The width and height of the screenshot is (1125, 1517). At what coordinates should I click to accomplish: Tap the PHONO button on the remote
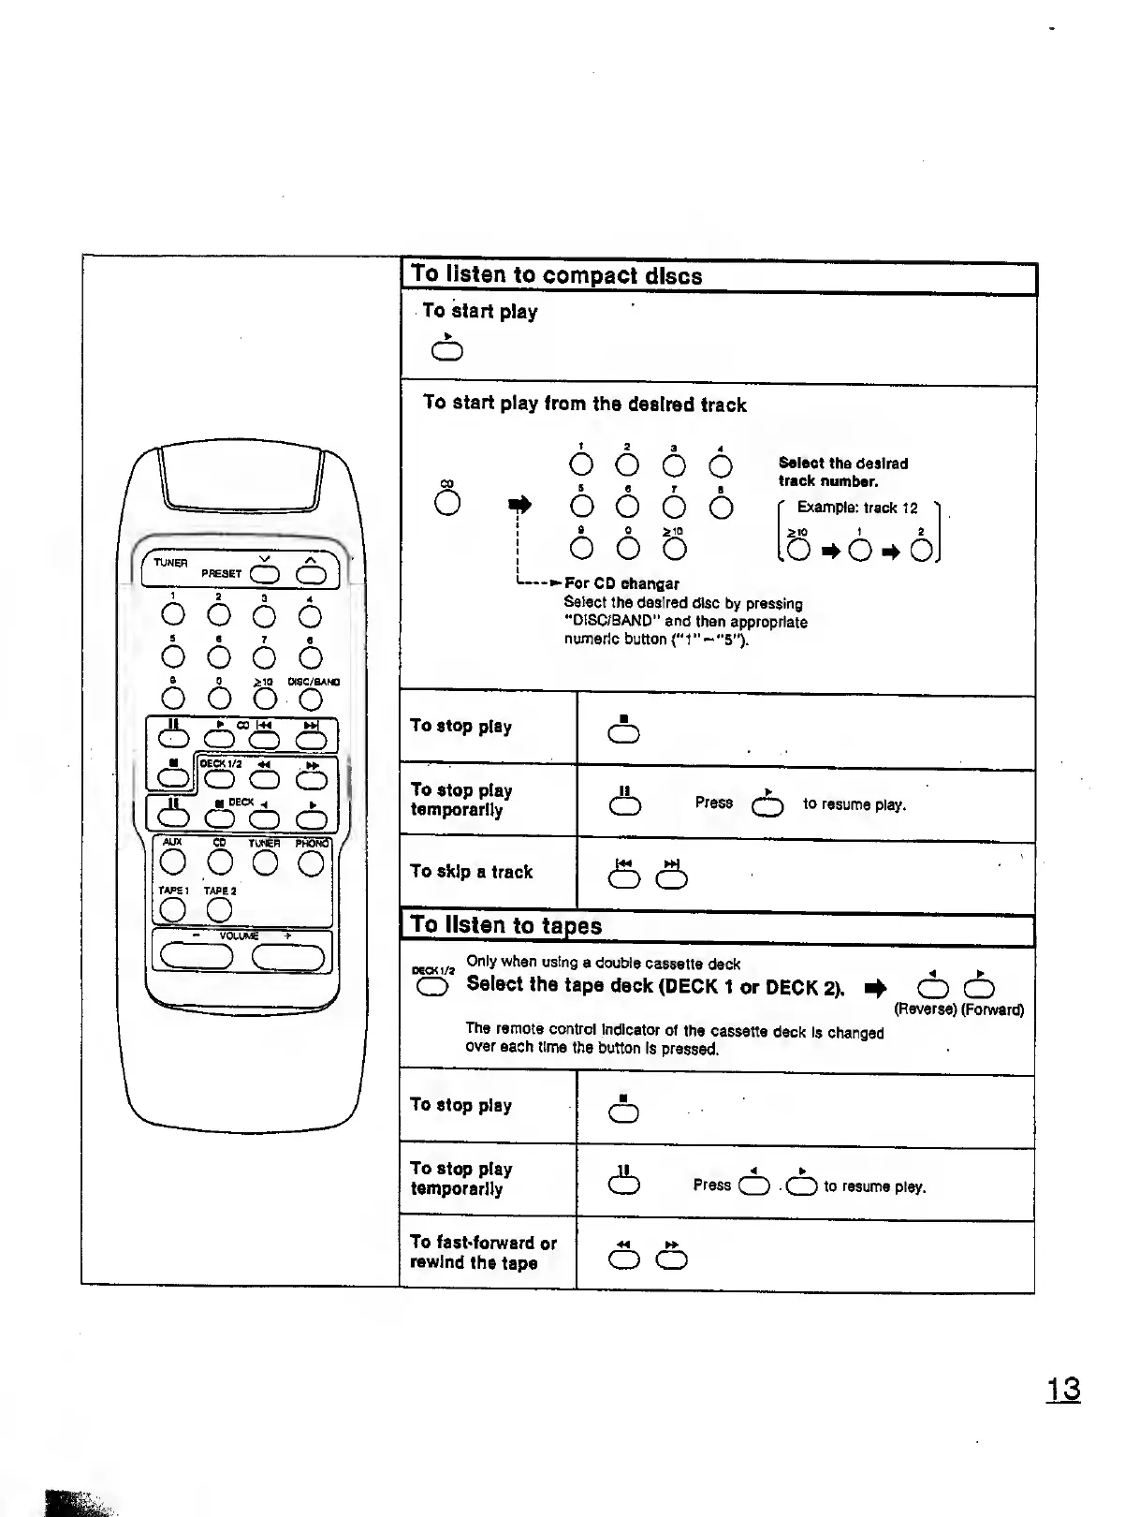pos(311,862)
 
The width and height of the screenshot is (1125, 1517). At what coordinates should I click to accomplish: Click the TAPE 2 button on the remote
pos(219,909)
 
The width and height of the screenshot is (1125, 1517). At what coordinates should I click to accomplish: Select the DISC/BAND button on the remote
pos(311,699)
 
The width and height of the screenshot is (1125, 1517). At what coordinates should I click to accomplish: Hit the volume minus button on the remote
pos(196,956)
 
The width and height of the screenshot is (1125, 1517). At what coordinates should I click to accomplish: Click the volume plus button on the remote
pos(287,956)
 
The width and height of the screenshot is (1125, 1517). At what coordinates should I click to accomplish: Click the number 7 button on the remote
pos(265,657)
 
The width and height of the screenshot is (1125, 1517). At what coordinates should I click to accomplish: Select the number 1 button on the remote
pos(173,615)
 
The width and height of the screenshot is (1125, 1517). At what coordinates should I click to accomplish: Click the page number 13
pos(1062,1389)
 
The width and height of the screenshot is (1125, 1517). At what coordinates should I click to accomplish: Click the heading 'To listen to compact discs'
pos(557,275)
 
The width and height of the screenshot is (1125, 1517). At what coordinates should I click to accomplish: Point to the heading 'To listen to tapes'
pos(506,925)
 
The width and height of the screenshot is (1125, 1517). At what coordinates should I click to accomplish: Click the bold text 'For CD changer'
pos(621,583)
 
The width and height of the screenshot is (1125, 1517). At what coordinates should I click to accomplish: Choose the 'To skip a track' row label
pos(471,872)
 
